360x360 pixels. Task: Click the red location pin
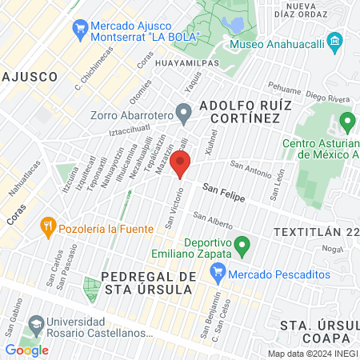(x=181, y=166)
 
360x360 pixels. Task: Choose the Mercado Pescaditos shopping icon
(x=217, y=274)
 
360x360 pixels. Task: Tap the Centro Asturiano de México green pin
(x=346, y=122)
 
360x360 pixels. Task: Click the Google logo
(x=26, y=350)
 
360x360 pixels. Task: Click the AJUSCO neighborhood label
(x=30, y=77)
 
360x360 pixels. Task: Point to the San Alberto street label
(x=213, y=222)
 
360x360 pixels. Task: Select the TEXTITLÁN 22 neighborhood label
(x=314, y=231)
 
